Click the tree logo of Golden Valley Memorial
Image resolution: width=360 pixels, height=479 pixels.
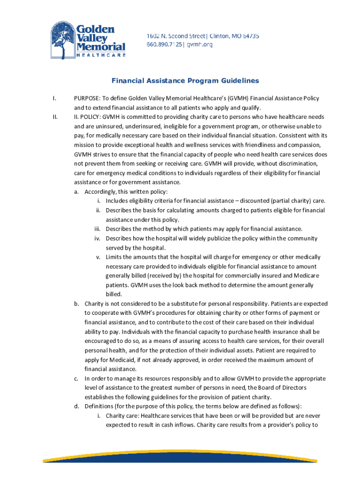[64, 40]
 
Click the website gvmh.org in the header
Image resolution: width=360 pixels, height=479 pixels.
[202, 44]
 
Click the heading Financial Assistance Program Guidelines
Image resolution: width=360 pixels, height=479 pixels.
[185, 81]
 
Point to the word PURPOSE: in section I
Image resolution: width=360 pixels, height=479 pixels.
[87, 98]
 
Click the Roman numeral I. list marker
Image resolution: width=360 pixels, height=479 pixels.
[55, 98]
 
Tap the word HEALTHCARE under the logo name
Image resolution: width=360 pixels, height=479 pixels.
[101, 55]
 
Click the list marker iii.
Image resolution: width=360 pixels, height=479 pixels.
[98, 229]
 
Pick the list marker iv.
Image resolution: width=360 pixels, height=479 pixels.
[98, 239]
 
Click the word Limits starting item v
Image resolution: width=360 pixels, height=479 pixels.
[114, 257]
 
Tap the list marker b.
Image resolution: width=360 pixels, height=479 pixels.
[76, 304]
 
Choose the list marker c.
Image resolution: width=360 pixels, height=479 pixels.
[76, 379]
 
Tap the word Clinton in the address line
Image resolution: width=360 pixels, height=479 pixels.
[214, 36]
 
